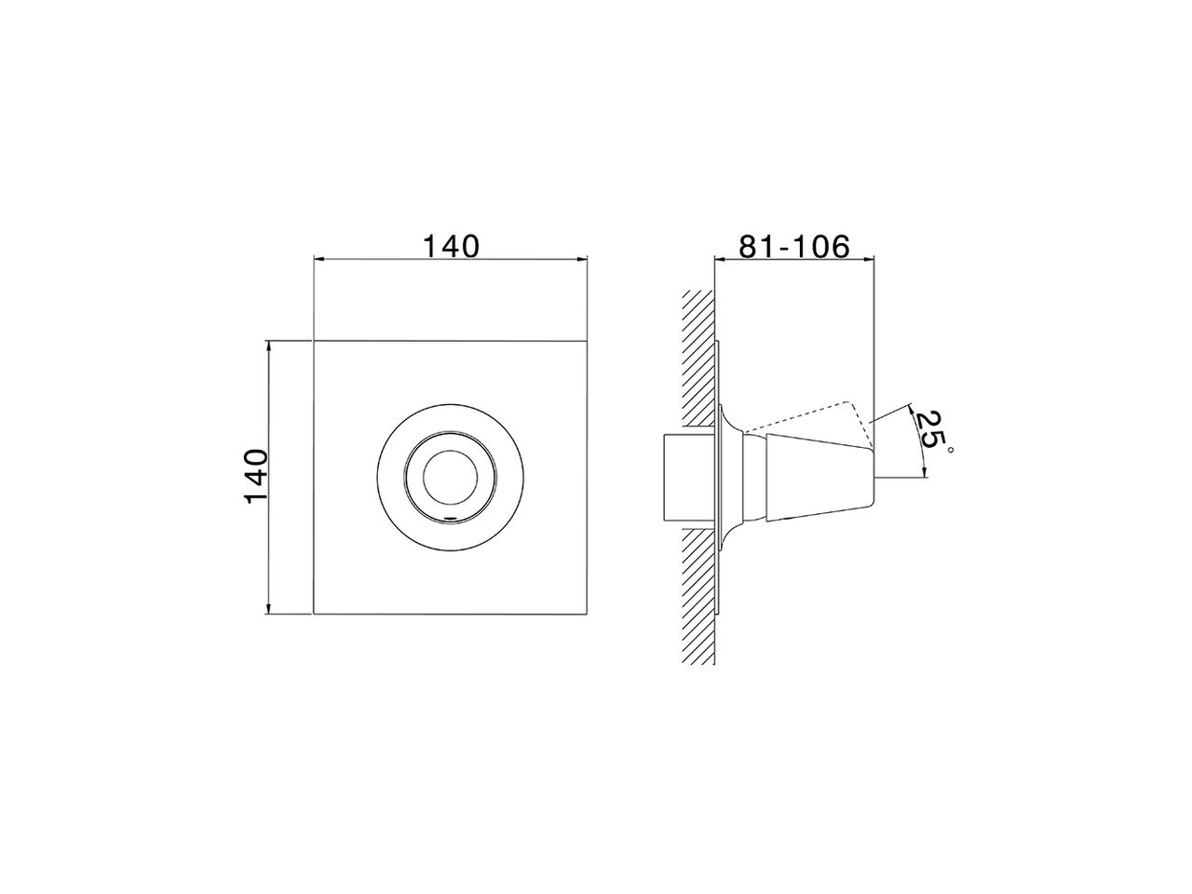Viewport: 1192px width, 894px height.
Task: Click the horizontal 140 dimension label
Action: point(451,246)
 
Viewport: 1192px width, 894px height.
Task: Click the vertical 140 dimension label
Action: point(256,476)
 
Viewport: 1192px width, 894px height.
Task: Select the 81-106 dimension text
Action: point(794,246)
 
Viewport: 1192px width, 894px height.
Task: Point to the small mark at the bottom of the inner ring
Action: point(451,515)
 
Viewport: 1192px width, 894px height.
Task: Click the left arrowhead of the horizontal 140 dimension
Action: point(318,260)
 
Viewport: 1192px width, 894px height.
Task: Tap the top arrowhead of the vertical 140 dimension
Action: point(268,345)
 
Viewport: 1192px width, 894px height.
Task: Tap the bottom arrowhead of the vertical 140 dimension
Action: point(268,610)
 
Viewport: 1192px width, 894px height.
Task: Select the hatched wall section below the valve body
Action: point(698,596)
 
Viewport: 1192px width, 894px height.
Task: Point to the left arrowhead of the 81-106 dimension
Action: point(718,260)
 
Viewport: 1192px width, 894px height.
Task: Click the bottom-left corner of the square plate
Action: point(314,615)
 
